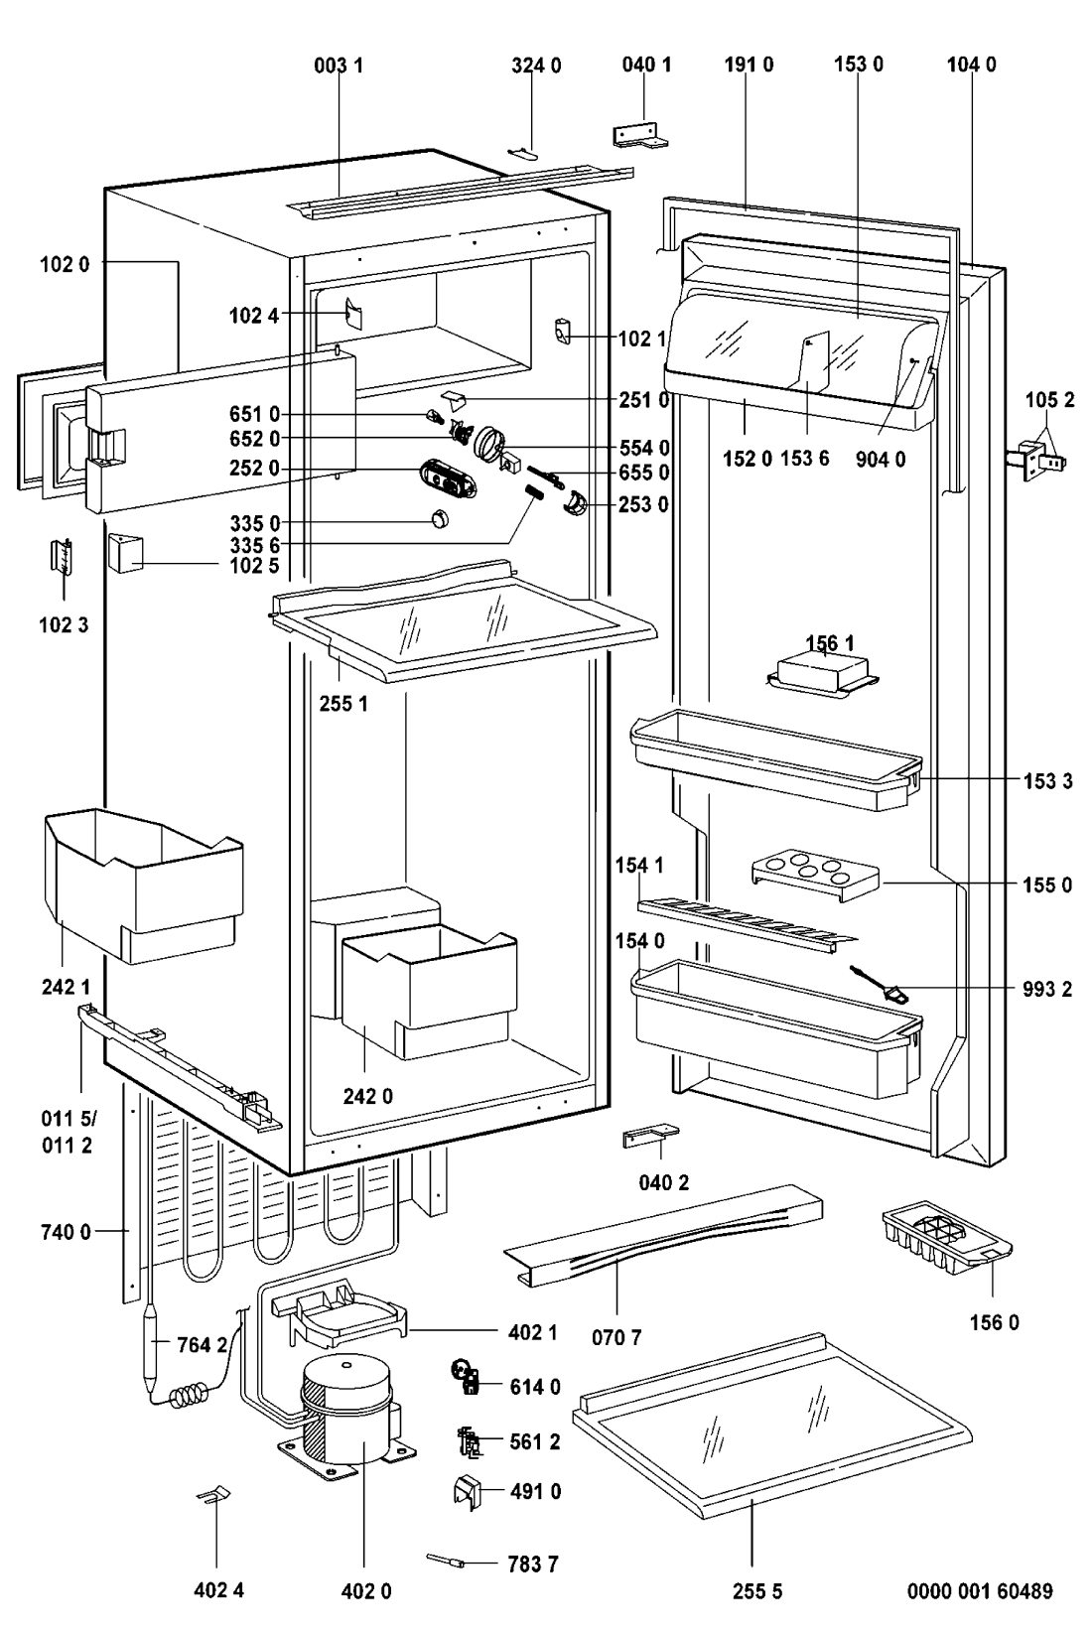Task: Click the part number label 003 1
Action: point(339,66)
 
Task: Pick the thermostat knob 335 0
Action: point(439,520)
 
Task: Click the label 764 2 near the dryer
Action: point(202,1345)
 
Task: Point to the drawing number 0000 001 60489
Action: point(980,1591)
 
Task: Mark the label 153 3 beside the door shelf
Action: point(1047,781)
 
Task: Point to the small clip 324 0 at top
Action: point(527,150)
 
